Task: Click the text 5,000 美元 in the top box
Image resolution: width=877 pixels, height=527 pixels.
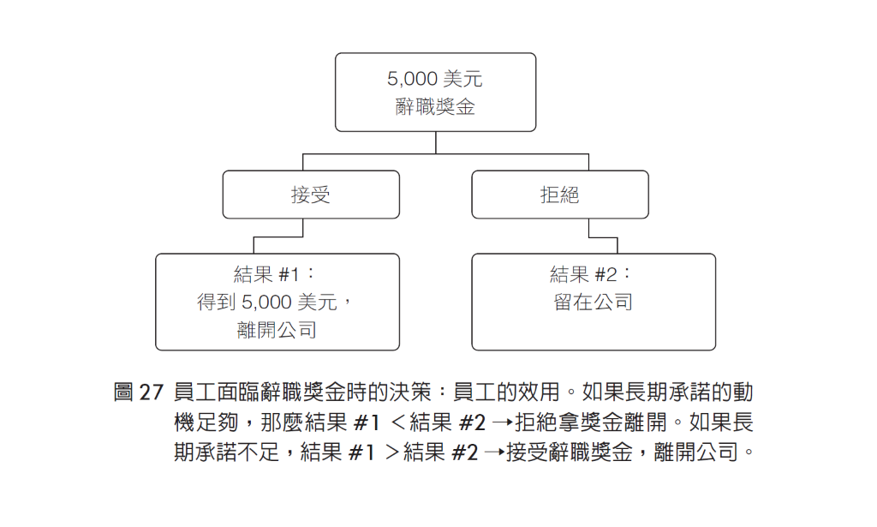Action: (434, 79)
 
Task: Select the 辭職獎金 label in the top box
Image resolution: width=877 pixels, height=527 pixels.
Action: (434, 106)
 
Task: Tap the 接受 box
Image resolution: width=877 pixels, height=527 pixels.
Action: (311, 195)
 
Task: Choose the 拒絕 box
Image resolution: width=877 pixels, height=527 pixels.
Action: (560, 195)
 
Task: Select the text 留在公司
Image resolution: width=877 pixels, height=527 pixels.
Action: (593, 302)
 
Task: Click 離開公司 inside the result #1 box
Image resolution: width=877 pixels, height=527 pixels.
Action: (277, 330)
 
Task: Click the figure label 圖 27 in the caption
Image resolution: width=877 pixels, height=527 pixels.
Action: (138, 392)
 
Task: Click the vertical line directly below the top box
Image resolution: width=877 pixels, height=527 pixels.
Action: (436, 142)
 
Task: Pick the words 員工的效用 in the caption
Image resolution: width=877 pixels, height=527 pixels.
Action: (506, 392)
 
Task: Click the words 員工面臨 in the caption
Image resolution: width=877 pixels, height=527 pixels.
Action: (216, 392)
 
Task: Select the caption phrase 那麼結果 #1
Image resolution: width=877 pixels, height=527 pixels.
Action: (320, 422)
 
